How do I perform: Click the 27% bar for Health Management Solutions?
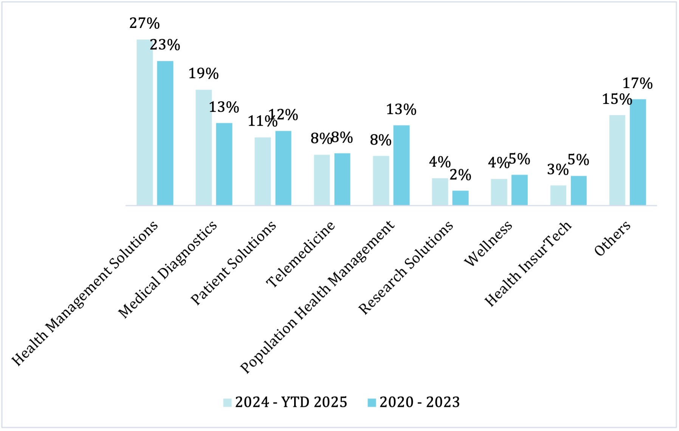coord(145,122)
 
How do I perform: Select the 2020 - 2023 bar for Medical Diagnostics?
coord(224,164)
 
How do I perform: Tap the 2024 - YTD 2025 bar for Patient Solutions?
coord(263,171)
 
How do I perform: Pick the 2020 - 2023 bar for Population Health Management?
coord(402,165)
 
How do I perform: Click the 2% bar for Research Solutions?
coord(460,198)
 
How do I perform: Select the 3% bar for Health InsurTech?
coord(558,195)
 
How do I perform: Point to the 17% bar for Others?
coord(638,152)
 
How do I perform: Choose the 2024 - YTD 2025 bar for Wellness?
coord(499,192)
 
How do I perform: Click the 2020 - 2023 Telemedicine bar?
coord(342,179)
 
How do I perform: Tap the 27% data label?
coord(144,23)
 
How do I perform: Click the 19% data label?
coord(203,74)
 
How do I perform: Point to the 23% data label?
coord(165,45)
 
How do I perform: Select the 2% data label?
coord(460,175)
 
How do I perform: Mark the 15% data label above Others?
coord(617,99)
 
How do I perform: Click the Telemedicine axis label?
coord(301,254)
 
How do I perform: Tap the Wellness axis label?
coord(488,243)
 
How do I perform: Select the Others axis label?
coord(612,238)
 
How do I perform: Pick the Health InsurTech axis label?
coord(528,264)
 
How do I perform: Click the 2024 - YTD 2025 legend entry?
coord(285,402)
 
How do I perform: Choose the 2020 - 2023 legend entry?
coord(414,402)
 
